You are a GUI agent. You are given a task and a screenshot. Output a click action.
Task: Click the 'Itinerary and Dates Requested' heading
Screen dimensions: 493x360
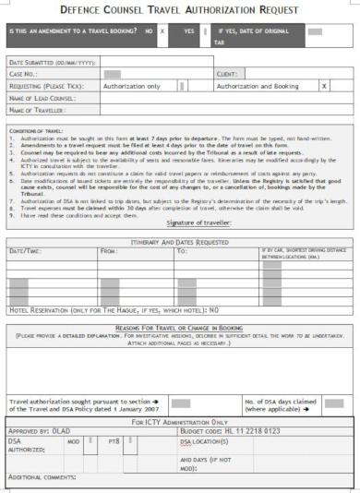pos(179,238)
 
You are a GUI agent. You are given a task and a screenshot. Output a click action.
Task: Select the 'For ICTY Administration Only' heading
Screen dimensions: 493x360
pos(180,421)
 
